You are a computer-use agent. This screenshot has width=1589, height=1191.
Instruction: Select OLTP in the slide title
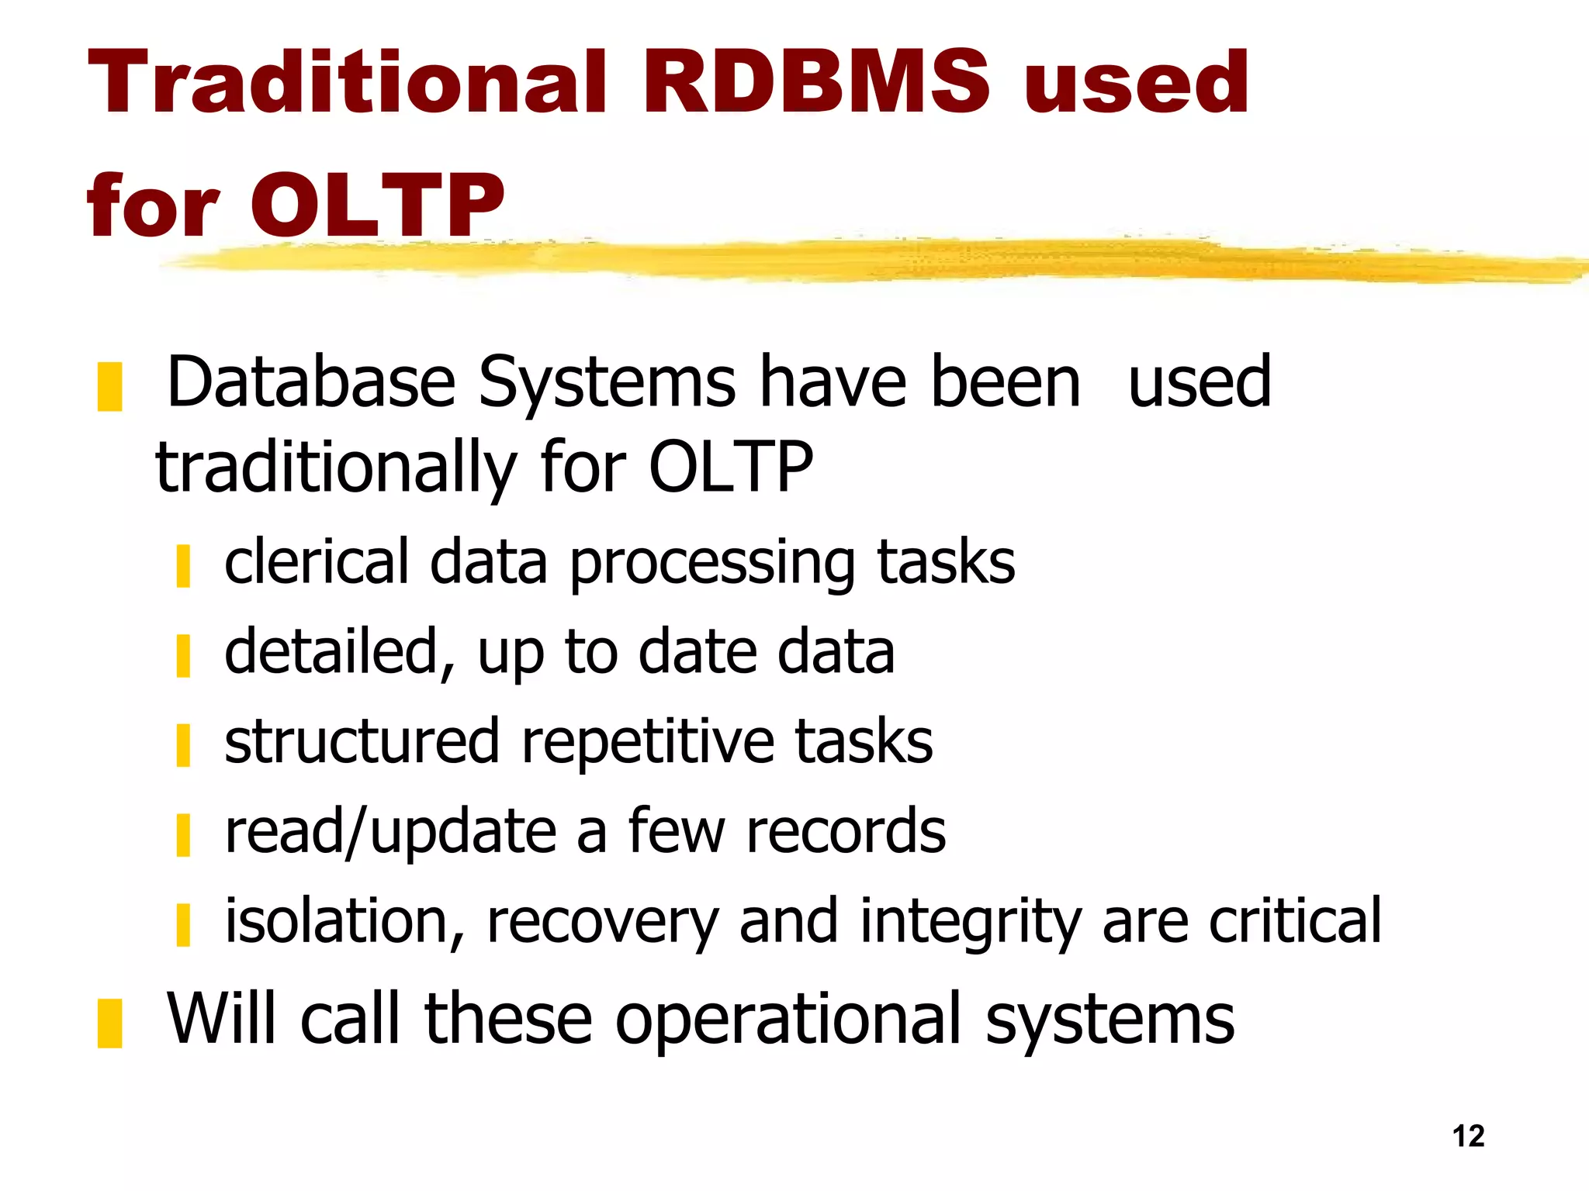click(377, 205)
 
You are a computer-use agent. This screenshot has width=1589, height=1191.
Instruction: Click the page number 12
click(1468, 1136)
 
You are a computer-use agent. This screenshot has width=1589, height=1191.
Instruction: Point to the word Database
click(311, 381)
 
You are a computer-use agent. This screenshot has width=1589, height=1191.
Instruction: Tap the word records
click(846, 831)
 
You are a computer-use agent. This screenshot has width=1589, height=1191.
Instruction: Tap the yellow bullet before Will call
click(109, 1024)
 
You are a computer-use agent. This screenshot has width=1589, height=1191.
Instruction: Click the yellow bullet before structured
click(183, 745)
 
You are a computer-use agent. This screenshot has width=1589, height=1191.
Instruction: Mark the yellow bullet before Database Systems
click(109, 386)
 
